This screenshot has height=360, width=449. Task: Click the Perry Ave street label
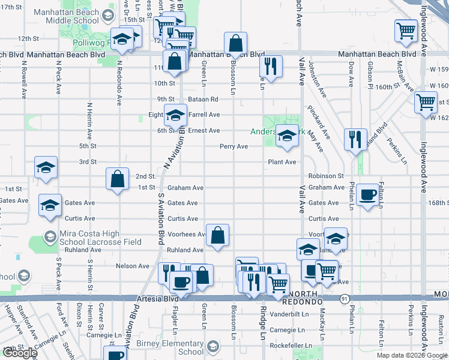(234, 146)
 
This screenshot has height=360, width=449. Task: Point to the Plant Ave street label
(282, 162)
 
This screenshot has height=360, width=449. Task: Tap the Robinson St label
(326, 176)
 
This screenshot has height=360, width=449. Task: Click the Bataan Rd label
(205, 99)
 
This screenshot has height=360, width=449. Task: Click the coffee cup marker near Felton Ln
(367, 194)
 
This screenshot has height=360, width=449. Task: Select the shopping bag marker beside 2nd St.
(117, 178)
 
